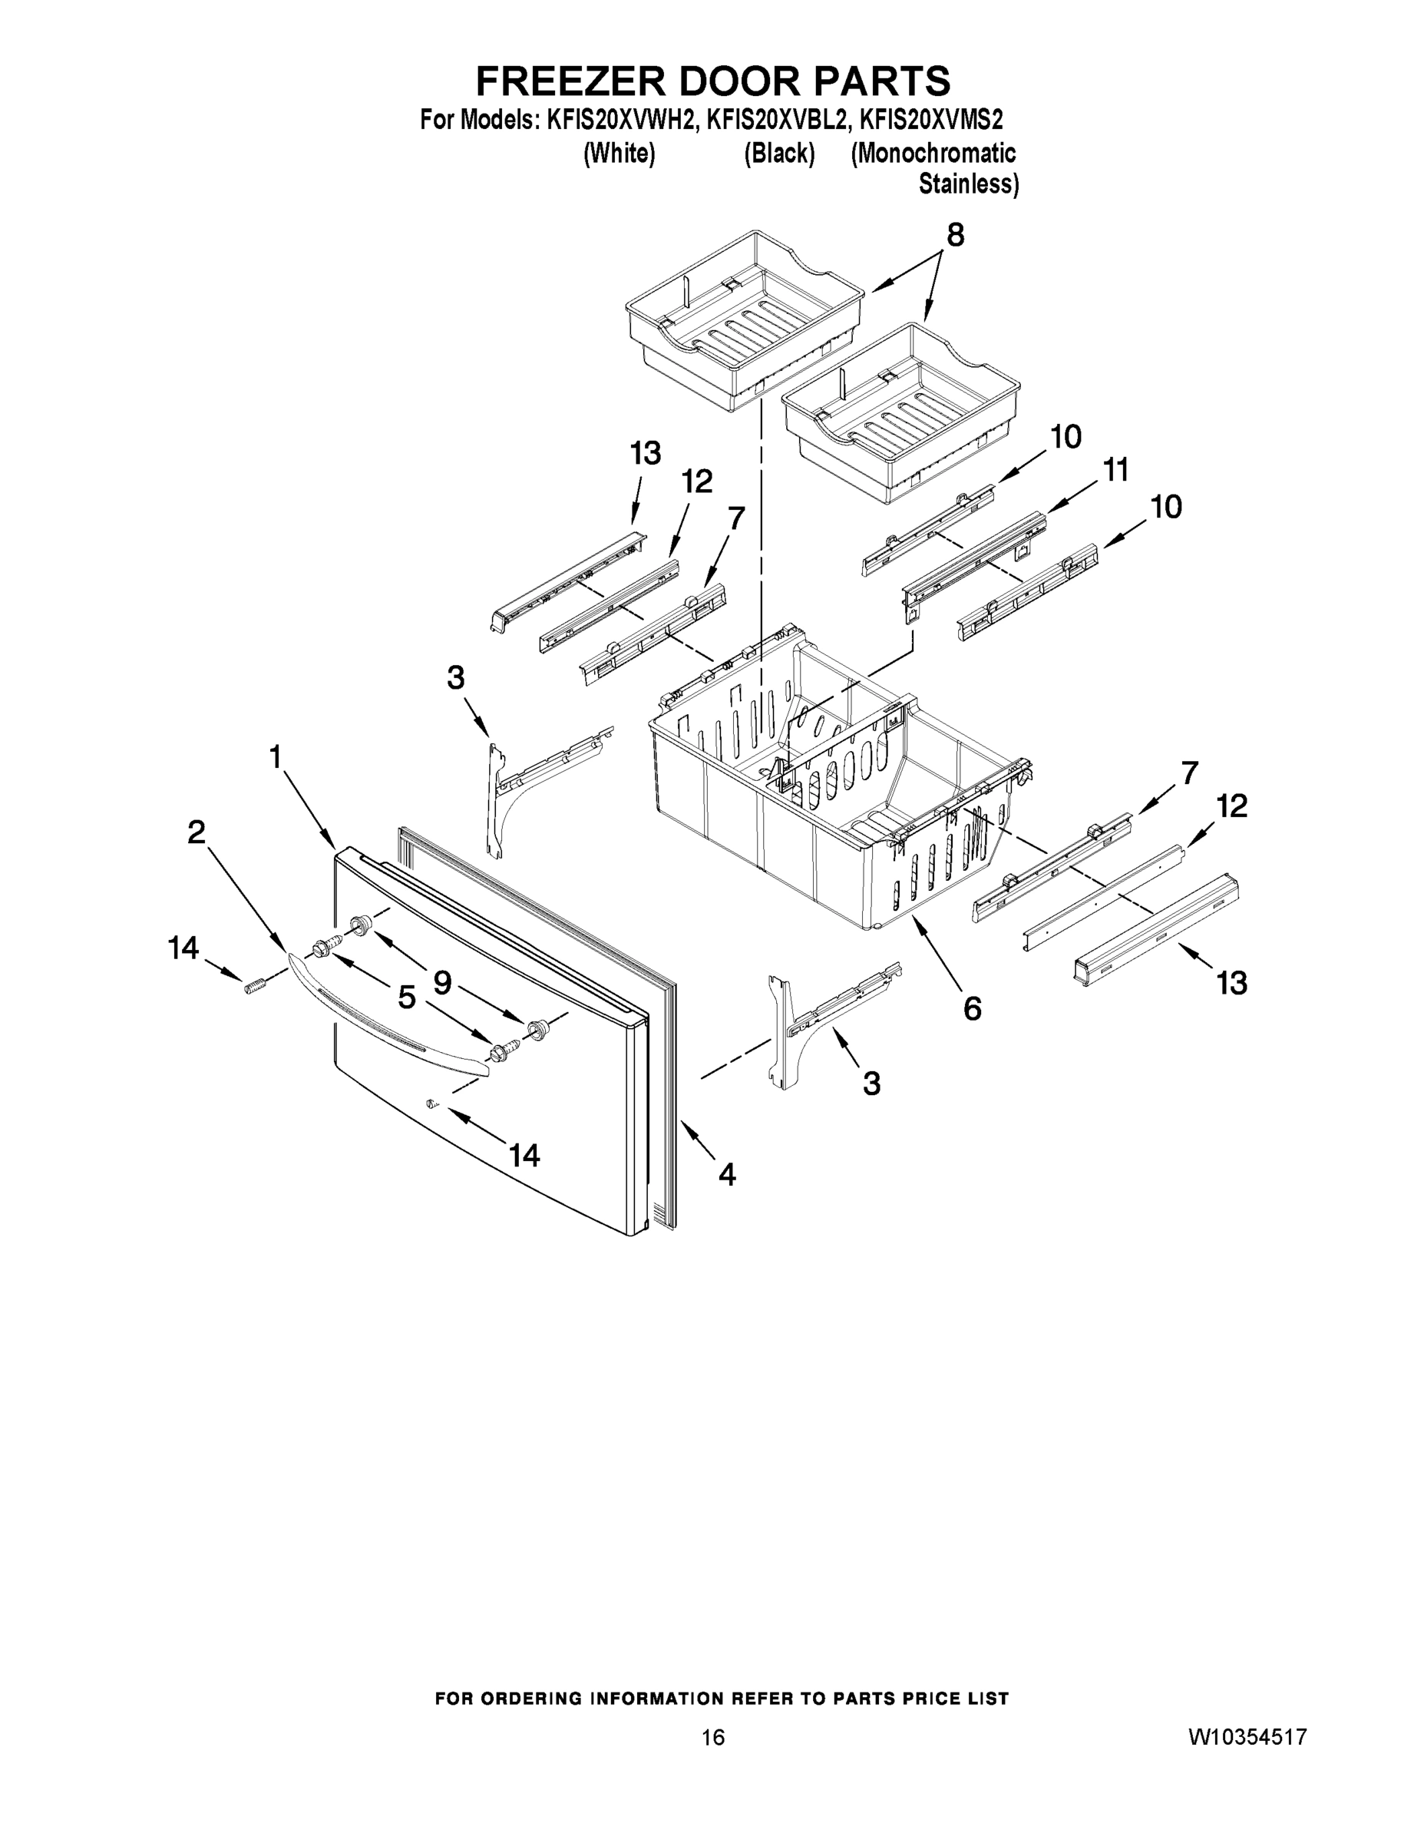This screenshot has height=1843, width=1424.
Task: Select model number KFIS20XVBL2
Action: (x=775, y=121)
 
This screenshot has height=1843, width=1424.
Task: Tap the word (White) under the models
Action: (x=619, y=154)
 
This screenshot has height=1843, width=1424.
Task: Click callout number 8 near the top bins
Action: (x=954, y=236)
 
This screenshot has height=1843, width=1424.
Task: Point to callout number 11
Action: (x=1115, y=471)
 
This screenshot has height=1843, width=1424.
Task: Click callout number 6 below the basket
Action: (x=972, y=1008)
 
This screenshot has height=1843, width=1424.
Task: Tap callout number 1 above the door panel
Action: (x=275, y=757)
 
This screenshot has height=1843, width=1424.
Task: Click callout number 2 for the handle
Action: (x=196, y=833)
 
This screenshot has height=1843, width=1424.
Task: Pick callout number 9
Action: (x=442, y=981)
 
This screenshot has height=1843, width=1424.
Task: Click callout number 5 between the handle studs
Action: (x=407, y=998)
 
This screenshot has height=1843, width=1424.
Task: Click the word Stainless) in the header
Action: (x=967, y=184)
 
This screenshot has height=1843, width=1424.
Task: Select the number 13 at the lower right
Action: (x=1231, y=983)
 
